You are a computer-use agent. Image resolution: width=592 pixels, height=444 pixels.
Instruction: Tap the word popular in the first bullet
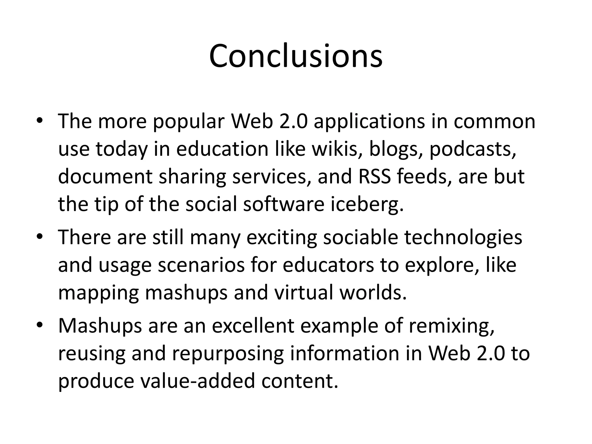pyautogui.click(x=188, y=122)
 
